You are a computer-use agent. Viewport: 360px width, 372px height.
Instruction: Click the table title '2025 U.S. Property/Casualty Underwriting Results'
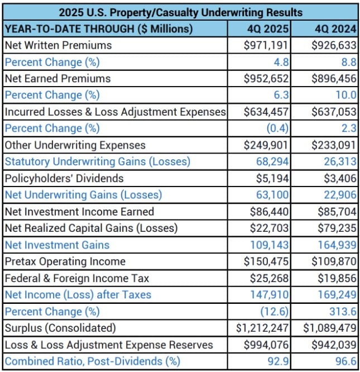(x=180, y=12)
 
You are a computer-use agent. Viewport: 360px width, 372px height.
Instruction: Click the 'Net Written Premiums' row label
(x=58, y=45)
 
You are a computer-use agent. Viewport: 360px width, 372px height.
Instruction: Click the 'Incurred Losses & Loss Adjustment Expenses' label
(x=115, y=112)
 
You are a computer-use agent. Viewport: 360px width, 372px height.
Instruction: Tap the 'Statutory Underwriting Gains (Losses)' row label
(x=98, y=161)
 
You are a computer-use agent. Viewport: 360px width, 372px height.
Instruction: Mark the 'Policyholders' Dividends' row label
(x=64, y=178)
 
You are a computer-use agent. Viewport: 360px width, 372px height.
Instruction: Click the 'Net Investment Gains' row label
(x=57, y=245)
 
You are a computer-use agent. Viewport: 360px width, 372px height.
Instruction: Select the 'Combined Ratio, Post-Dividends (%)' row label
(x=93, y=361)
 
